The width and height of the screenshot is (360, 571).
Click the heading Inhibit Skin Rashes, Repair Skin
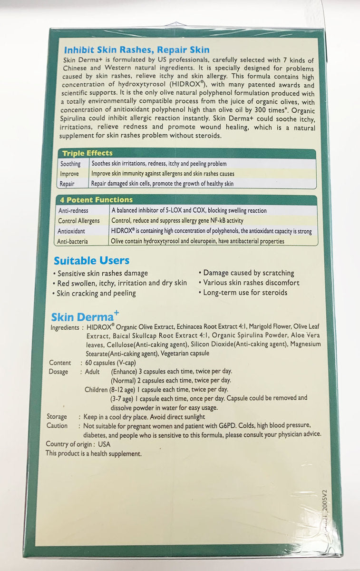click(136, 49)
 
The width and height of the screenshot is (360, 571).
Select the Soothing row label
click(70, 164)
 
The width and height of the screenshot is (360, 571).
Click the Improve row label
click(69, 174)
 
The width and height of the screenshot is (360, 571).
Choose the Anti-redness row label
click(73, 210)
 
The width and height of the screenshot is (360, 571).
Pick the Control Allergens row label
click(79, 221)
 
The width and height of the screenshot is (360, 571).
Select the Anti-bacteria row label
click(73, 242)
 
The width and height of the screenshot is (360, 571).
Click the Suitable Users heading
click(91, 261)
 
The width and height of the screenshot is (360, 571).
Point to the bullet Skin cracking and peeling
click(96, 293)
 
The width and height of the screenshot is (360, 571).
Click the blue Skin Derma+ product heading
click(84, 317)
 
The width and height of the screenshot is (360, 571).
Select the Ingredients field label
click(65, 328)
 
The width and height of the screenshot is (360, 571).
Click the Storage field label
click(57, 416)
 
